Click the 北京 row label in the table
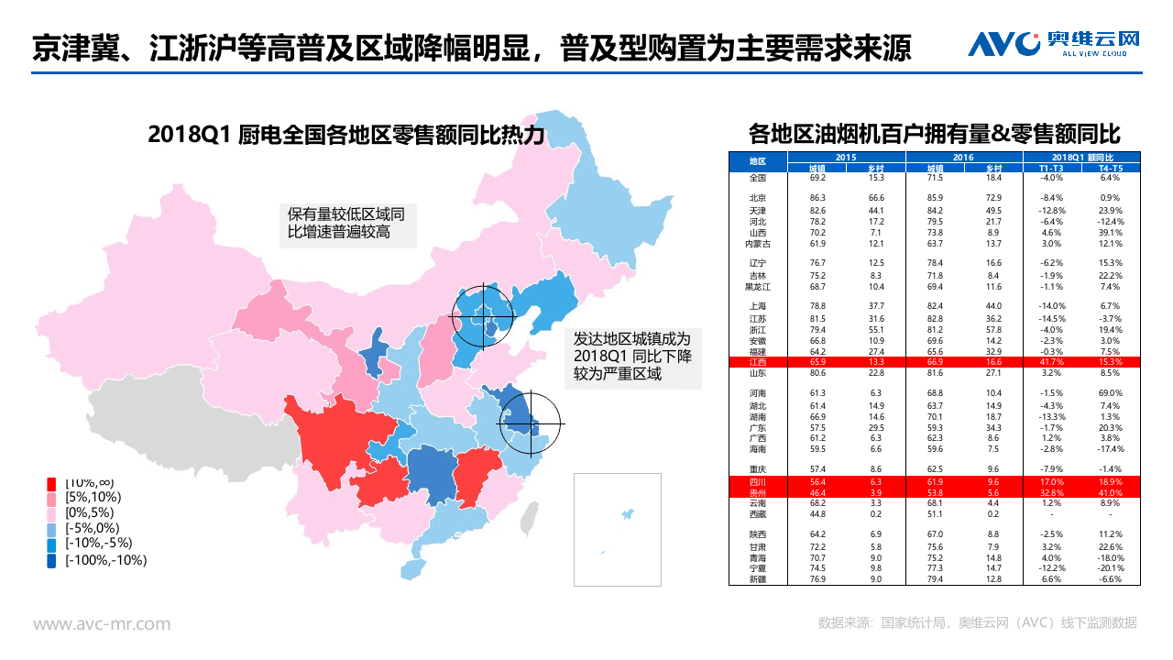coord(757,198)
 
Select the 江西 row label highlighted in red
coord(757,363)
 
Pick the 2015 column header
coord(846,158)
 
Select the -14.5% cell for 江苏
coord(1051,318)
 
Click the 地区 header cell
coord(757,162)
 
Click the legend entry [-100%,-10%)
coord(105,560)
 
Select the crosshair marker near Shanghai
coord(529,423)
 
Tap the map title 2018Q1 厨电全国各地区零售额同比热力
coord(346,136)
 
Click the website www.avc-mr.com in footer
coord(102,624)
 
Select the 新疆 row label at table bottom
coord(757,579)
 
